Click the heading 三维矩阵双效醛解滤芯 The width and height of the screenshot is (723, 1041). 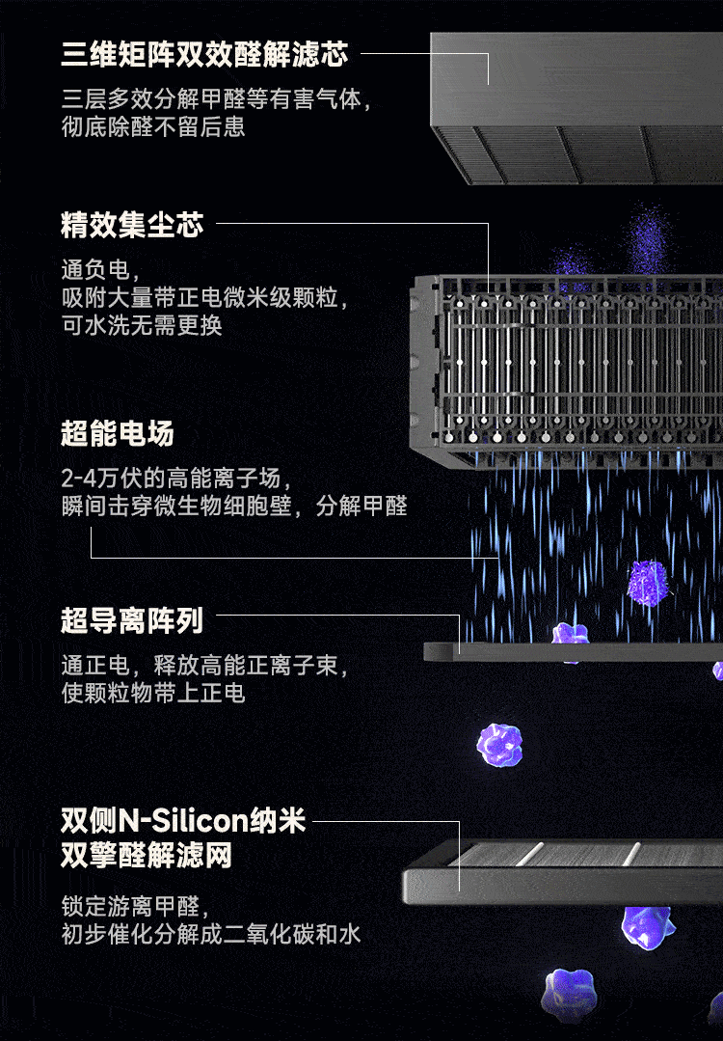click(204, 55)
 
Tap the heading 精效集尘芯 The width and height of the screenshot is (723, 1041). click(132, 226)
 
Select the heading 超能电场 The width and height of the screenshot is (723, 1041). click(118, 434)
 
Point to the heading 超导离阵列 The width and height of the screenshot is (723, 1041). click(132, 621)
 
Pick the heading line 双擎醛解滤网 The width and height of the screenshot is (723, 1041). click(147, 856)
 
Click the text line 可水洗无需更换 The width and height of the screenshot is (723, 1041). click(142, 325)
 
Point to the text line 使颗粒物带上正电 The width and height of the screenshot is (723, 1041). click(152, 693)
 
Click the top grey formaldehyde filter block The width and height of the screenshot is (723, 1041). click(576, 106)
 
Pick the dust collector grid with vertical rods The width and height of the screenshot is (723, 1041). click(569, 362)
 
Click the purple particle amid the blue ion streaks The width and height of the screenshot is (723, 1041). click(647, 582)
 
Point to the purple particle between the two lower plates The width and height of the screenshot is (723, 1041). click(501, 744)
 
